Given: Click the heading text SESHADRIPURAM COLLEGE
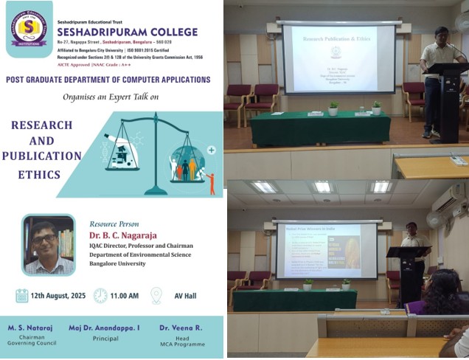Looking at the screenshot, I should [x=128, y=32].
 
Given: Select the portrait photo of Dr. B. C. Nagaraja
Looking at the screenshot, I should [x=49, y=245].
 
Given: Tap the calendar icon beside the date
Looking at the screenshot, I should [x=22, y=296].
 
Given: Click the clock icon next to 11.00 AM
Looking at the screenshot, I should [x=100, y=296].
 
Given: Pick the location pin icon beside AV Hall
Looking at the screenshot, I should [x=156, y=296].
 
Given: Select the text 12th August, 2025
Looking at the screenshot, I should [x=58, y=296].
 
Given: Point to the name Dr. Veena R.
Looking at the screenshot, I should [x=180, y=327].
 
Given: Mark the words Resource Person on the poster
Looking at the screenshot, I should [x=114, y=223].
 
